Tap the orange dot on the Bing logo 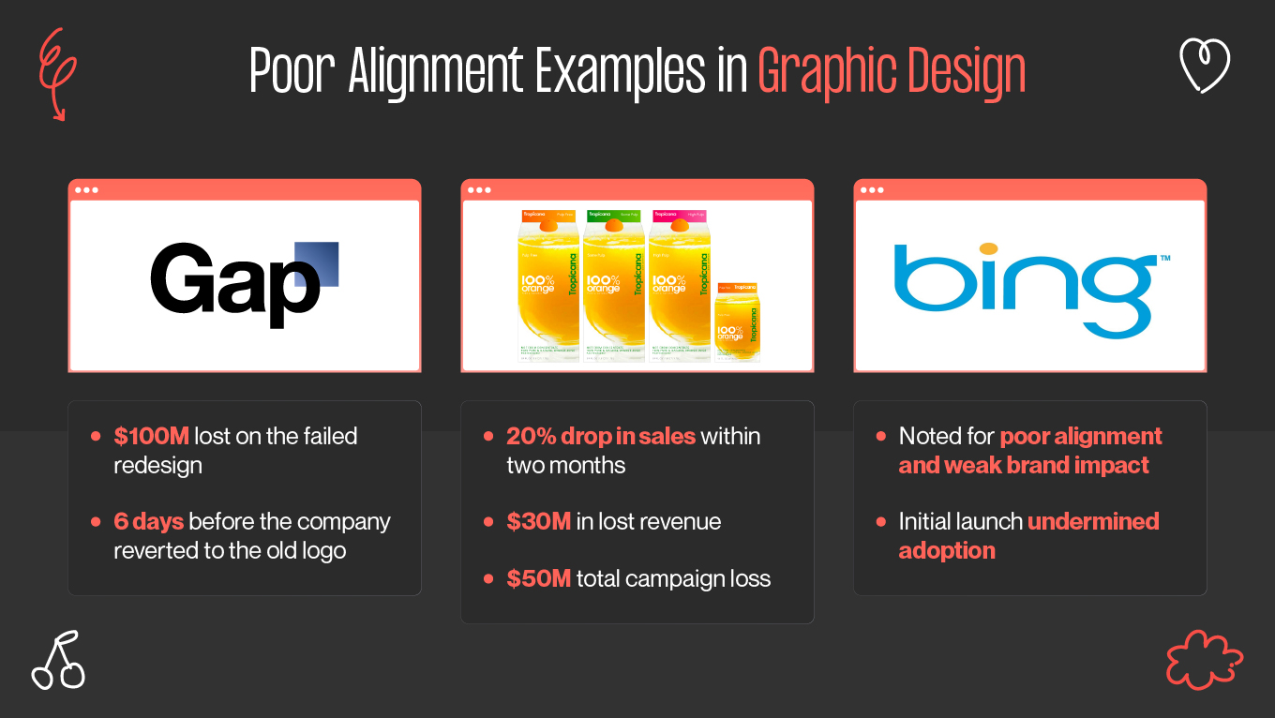coord(988,249)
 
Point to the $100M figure coord(151,436)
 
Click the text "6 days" coord(148,521)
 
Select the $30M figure coord(538,521)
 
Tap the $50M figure coord(538,578)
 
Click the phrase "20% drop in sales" coord(600,436)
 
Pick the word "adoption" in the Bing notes coord(946,550)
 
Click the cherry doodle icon coord(58,661)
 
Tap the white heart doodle coord(1204,66)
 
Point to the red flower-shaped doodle coord(1204,660)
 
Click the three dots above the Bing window coord(872,190)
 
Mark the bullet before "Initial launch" coord(880,521)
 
